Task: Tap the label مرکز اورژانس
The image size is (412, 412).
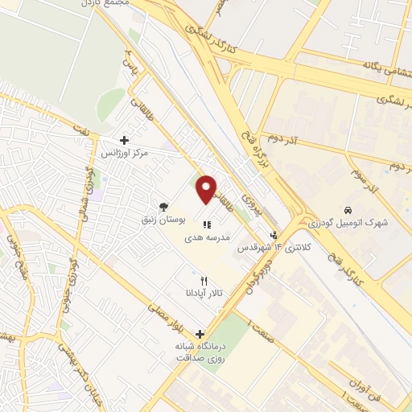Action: click(x=122, y=152)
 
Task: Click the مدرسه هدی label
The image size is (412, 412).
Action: click(x=211, y=238)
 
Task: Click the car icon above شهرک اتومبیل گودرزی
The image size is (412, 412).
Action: click(x=347, y=207)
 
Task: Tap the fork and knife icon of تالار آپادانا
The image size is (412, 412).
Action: click(x=203, y=280)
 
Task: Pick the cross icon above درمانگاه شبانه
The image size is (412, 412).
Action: click(x=200, y=333)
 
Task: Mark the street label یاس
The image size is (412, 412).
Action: click(x=127, y=59)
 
